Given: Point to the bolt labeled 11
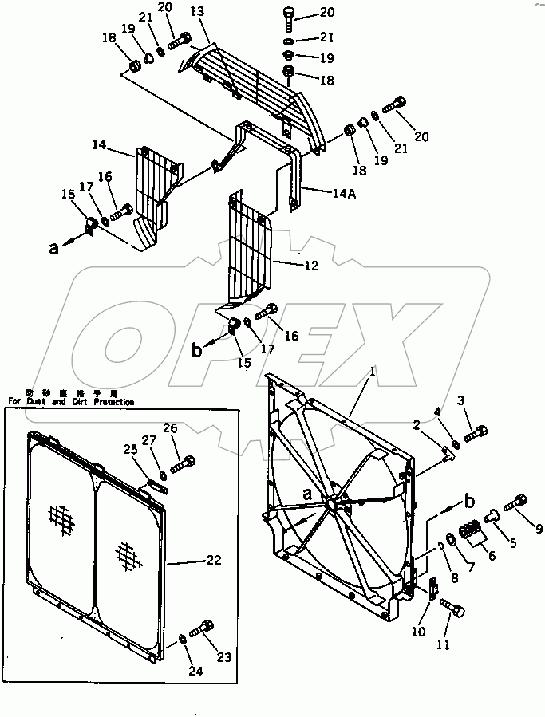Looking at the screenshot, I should point(456,609).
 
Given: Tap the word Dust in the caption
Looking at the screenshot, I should point(38,403).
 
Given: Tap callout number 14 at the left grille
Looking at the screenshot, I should point(99,145).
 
